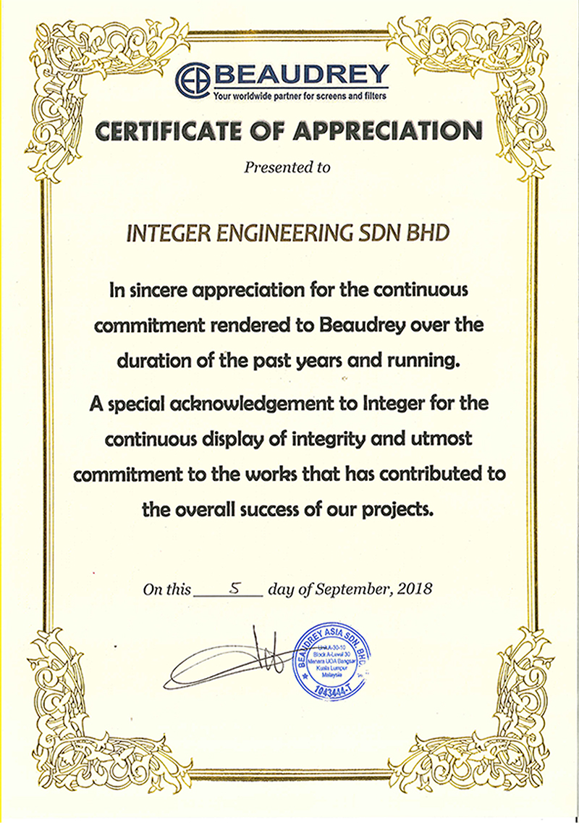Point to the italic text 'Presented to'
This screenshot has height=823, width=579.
click(287, 168)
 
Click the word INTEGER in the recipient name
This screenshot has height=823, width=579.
click(163, 233)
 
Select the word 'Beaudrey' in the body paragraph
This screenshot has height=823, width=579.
click(362, 325)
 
